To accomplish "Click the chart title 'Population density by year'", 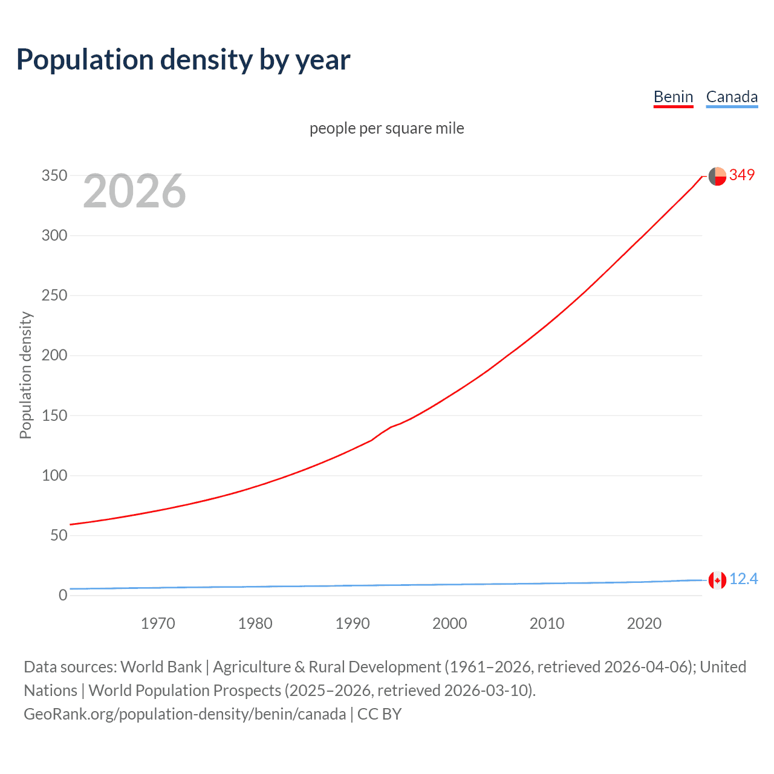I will pos(183,60).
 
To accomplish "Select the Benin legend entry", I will pos(673,97).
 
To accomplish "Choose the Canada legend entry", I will pos(732,97).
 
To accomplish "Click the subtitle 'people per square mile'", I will pos(386,128).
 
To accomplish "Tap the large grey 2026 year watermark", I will pos(134,191).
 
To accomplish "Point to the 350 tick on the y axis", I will pos(54,176).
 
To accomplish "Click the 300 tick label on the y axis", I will pos(54,236).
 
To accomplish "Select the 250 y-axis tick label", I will pos(54,296).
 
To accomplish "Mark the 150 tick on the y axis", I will pos(54,415).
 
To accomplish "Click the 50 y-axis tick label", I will pos(59,535).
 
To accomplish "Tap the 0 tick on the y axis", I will pos(63,595).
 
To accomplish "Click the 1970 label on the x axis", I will pos(158,623).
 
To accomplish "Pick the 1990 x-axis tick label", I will pos(353,623).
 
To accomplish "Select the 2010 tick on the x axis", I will pos(547,623).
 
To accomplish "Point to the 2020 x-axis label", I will pos(644,623).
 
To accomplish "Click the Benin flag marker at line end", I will pos(717,176).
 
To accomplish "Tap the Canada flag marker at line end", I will pos(717,580).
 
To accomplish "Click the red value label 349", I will pos(742,175).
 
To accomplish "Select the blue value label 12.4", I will pos(743,579).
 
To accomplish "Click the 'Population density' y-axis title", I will pos(25,375).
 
